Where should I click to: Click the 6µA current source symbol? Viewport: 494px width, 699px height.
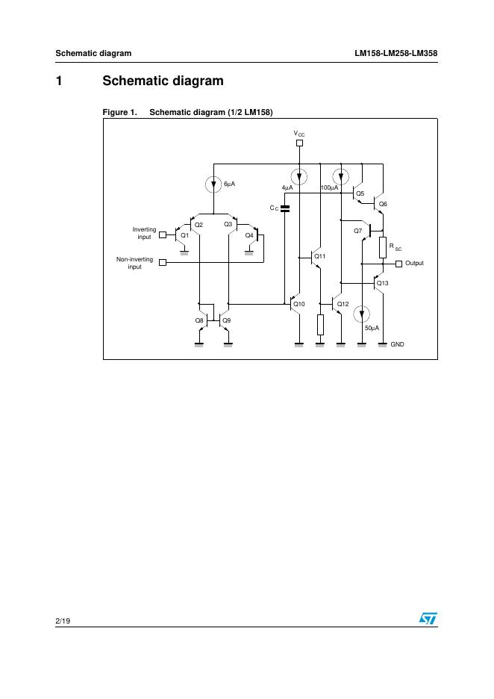pos(214,183)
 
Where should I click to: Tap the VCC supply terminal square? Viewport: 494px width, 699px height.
pos(299,143)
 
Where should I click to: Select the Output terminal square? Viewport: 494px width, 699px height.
pos(398,263)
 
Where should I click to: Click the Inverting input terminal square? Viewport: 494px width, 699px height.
pos(163,233)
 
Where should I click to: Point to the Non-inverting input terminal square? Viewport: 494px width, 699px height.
pos(163,263)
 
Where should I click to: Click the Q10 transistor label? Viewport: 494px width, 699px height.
pos(299,304)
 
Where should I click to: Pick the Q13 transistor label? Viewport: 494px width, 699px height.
pos(383,283)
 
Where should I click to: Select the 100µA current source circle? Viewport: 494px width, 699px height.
pos(341,177)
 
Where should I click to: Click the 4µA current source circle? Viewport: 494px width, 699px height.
pos(299,177)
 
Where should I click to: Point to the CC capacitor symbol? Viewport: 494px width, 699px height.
pos(285,208)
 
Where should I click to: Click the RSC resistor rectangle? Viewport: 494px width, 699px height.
pos(383,246)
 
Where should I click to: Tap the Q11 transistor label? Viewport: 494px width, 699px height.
pos(320,256)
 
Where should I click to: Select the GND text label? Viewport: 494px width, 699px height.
pos(398,344)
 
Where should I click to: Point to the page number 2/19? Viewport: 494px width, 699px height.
pos(63,619)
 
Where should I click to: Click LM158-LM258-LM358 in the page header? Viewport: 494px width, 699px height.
pos(395,53)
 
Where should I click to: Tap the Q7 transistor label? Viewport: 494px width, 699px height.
pos(358,231)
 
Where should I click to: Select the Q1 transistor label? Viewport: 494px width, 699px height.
pos(184,235)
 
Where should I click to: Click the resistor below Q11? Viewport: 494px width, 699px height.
pos(320,325)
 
